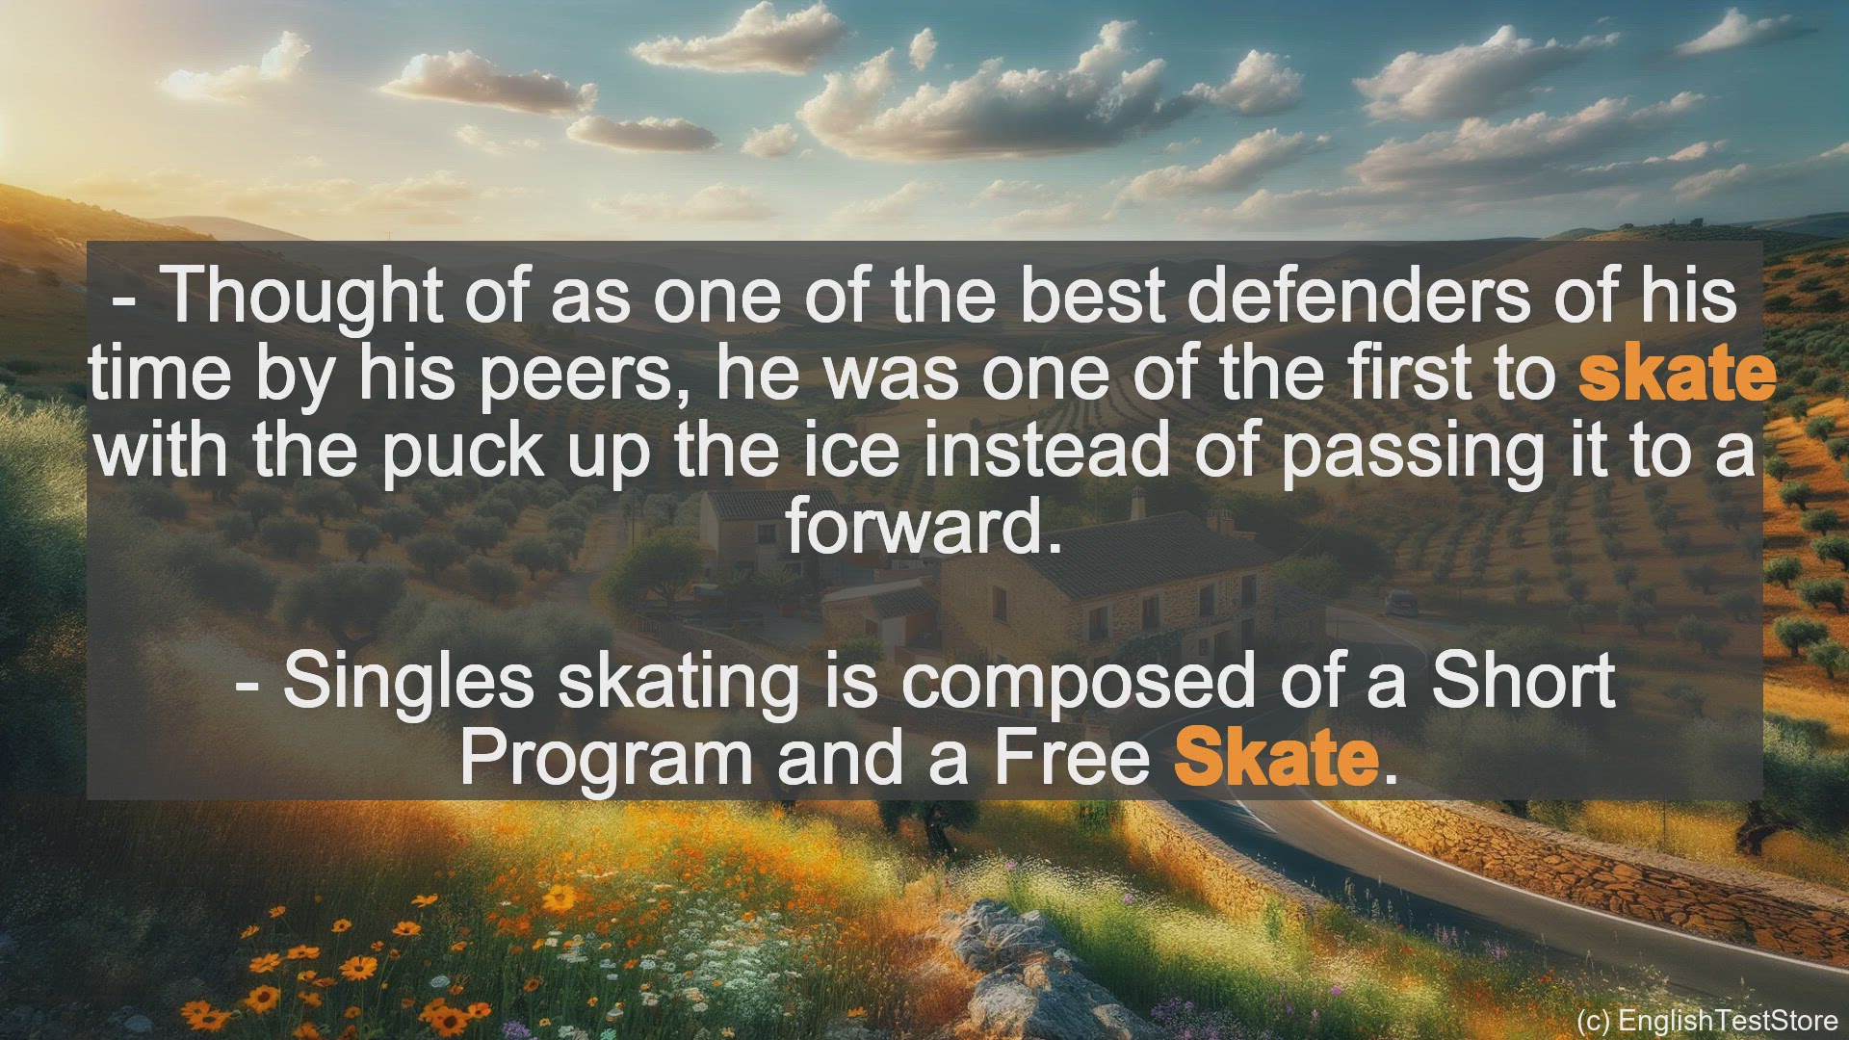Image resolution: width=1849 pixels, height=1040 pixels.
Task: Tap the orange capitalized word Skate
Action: (1276, 758)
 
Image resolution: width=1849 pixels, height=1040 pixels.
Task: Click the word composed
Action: (1078, 683)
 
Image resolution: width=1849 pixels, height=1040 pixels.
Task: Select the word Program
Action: (606, 758)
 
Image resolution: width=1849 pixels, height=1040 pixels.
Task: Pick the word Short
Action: (1522, 681)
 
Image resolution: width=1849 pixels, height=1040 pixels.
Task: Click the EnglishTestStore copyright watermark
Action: (1706, 1020)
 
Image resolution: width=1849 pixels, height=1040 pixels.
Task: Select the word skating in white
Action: (678, 683)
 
